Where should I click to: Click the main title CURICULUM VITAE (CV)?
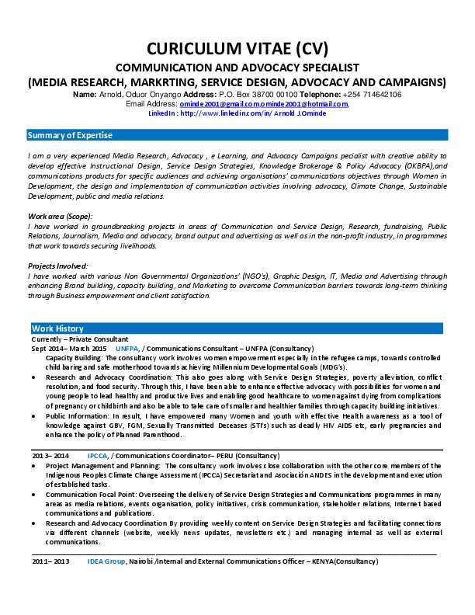pos(237,49)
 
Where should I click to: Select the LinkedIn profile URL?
pos(253,113)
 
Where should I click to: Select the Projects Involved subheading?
pos(57,266)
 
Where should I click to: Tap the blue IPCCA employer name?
pos(98,455)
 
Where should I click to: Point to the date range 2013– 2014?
pos(50,455)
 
